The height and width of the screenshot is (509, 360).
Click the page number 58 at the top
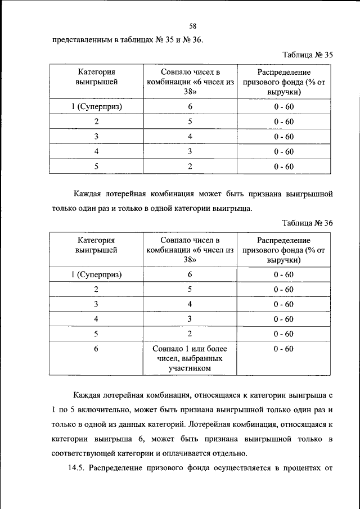pos(192,26)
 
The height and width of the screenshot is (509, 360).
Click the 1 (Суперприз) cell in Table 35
pos(97,106)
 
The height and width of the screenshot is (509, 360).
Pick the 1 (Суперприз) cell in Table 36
pos(97,274)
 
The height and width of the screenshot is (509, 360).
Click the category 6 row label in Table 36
pos(96,349)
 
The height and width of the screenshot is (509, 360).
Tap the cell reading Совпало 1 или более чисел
pos(190,358)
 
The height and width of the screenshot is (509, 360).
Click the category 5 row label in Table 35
pos(96,166)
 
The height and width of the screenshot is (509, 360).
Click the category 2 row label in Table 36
pos(96,289)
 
